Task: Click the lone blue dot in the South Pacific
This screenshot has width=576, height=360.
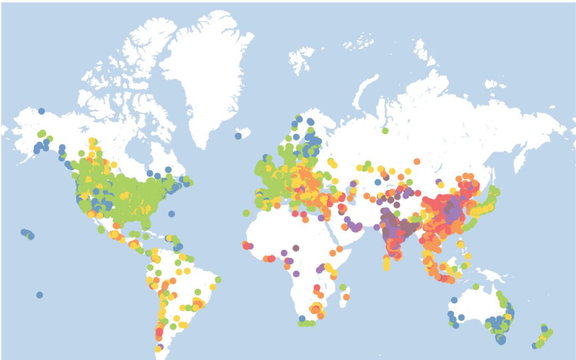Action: tap(39, 295)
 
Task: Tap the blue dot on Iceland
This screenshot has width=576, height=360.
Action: tap(238, 135)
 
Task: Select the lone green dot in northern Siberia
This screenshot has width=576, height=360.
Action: tap(385, 130)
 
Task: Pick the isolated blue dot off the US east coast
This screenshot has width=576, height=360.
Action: tap(171, 214)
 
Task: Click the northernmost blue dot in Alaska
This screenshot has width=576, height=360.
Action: tap(41, 111)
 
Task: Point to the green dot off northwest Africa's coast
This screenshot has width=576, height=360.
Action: tap(246, 213)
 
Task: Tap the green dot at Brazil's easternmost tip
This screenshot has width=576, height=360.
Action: tap(218, 279)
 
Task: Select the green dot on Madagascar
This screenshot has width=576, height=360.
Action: tap(343, 287)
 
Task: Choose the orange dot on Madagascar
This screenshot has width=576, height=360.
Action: tap(346, 297)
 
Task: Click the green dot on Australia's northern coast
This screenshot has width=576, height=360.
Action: tap(475, 286)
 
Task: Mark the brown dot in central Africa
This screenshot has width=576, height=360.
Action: tap(296, 248)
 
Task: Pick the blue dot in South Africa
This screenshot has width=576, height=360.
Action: tap(302, 318)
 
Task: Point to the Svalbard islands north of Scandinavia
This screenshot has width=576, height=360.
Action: tap(301, 56)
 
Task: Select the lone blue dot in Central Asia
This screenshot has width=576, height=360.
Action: tap(378, 182)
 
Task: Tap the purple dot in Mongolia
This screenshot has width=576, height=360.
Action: tap(438, 182)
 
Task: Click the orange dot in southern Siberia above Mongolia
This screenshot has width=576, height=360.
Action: tap(417, 161)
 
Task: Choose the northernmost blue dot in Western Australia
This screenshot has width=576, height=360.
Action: tap(454, 300)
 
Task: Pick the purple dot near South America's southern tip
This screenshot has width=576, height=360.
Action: tap(160, 347)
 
